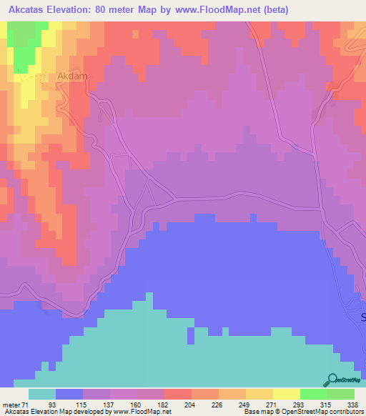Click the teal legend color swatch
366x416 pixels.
click(42, 394)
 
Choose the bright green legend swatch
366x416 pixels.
click(313, 394)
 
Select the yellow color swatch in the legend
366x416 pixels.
click(259, 394)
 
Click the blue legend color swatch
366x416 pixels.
click(69, 394)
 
